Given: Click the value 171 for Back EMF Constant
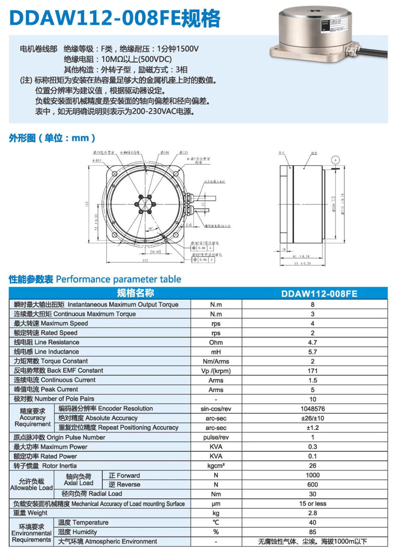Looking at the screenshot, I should (312, 371).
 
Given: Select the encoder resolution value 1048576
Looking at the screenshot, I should (312, 409).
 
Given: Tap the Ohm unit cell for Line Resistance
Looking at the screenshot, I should (216, 343).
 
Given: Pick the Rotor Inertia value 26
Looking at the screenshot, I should (312, 466).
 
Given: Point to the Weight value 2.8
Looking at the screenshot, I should (312, 513).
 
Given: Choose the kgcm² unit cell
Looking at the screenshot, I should (216, 466).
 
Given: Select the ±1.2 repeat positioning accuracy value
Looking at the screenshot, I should (312, 428).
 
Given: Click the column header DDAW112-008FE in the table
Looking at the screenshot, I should (319, 294).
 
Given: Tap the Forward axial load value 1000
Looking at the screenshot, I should (312, 475).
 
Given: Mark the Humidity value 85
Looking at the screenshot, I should (312, 532).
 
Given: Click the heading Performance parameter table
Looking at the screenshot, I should (118, 279).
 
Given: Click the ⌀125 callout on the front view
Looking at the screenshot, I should (184, 152).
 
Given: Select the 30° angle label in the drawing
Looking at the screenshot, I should (150, 229).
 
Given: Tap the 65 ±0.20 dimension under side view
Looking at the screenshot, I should (302, 263).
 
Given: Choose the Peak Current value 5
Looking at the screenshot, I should (312, 390).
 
